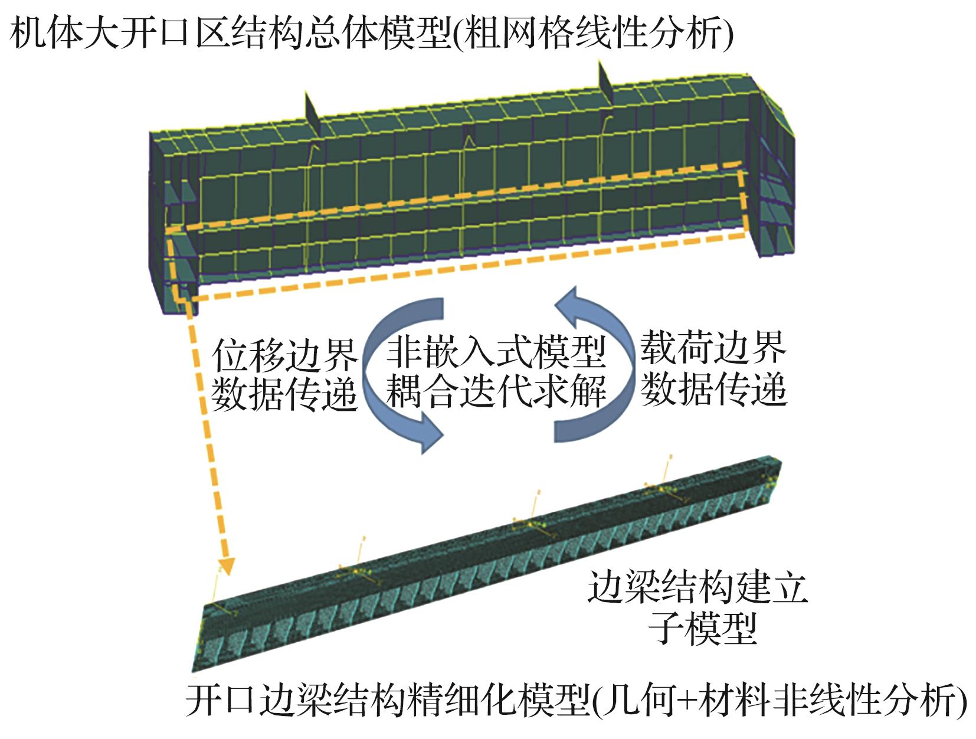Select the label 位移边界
[284, 355]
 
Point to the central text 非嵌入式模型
[496, 352]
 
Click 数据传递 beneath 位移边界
[284, 394]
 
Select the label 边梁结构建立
[697, 587]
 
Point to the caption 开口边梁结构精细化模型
[387, 701]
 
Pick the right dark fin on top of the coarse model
[605, 84]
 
